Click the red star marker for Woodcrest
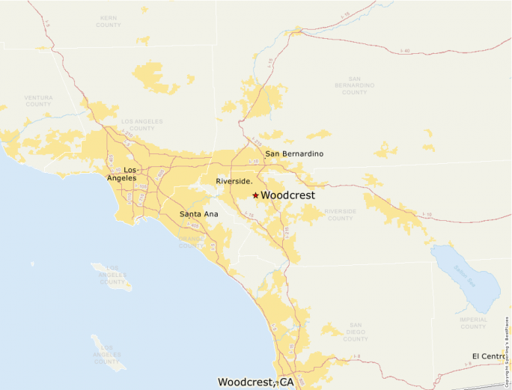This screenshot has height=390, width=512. (255, 195)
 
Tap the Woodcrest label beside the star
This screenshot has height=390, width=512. (287, 195)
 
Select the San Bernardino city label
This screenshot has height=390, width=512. (294, 154)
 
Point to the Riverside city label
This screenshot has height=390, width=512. (234, 182)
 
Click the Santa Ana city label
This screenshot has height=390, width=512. (198, 215)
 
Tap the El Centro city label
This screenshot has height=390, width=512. (491, 356)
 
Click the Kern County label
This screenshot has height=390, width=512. (109, 22)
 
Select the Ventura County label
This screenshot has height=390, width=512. (38, 100)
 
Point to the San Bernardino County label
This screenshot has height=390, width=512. (354, 85)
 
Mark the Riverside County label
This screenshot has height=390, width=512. (340, 215)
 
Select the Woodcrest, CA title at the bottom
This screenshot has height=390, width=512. (255, 382)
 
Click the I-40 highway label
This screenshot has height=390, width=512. (405, 51)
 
